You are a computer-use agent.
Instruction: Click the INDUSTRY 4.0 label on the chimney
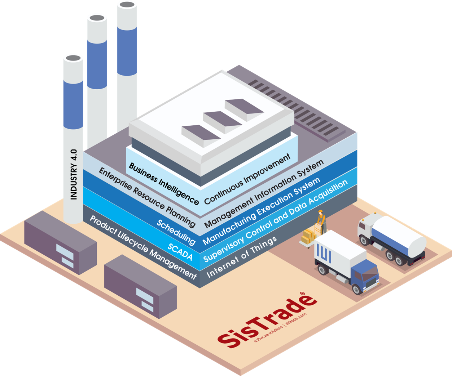point(74,174)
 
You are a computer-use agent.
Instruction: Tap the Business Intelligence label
point(164,184)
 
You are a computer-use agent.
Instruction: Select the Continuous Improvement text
point(247,179)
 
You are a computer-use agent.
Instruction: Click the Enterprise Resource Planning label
point(147,197)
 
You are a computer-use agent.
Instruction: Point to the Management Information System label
point(264,194)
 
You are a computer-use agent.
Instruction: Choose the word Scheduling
point(176,232)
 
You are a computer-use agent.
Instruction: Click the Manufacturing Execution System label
point(261,211)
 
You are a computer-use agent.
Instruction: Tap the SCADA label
point(180,252)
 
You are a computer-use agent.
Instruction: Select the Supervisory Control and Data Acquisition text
point(275,221)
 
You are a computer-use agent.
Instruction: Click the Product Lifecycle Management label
point(143,247)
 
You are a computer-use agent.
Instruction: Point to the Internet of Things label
point(241,257)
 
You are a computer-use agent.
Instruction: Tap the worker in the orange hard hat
point(321,222)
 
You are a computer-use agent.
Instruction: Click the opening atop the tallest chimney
point(127,5)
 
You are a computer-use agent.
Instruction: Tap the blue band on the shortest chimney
point(73,104)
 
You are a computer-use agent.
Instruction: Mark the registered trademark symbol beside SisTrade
point(302,293)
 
